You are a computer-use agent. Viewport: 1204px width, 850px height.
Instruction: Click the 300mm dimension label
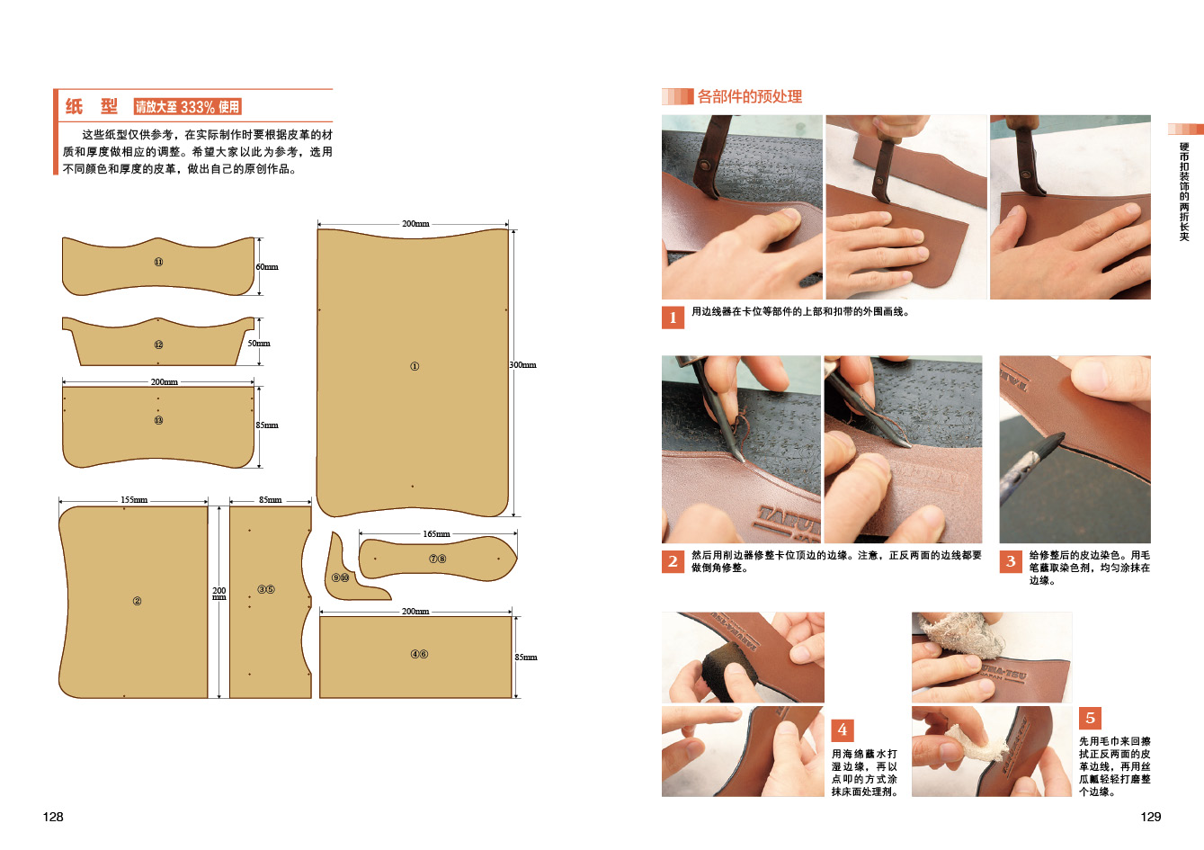(522, 365)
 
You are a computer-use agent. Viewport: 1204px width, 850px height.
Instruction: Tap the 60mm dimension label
(266, 267)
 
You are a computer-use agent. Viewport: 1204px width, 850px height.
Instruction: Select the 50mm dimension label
(259, 344)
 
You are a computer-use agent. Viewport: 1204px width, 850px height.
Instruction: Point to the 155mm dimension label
(134, 500)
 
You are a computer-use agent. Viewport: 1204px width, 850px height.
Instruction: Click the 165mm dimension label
(436, 534)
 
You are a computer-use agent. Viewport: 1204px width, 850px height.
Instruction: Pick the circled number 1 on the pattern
(415, 367)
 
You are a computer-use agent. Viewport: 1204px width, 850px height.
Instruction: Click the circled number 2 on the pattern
(137, 601)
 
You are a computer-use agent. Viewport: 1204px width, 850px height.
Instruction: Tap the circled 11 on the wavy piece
(158, 263)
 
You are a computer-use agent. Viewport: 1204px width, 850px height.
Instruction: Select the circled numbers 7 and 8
(438, 559)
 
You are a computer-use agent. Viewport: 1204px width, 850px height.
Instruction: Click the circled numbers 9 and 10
(340, 578)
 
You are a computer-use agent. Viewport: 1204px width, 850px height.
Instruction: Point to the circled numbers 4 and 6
(419, 654)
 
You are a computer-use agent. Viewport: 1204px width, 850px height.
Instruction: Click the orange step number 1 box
(673, 318)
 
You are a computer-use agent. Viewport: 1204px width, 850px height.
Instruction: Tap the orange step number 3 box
(1011, 561)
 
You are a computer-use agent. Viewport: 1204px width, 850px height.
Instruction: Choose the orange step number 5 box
(1090, 719)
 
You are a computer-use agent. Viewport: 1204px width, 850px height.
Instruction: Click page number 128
(53, 818)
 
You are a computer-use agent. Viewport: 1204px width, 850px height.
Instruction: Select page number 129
(1151, 818)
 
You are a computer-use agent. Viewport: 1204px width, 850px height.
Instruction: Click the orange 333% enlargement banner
(188, 107)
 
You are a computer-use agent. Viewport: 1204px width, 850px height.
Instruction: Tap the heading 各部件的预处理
(749, 97)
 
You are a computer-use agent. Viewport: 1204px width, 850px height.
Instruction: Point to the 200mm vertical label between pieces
(219, 594)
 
